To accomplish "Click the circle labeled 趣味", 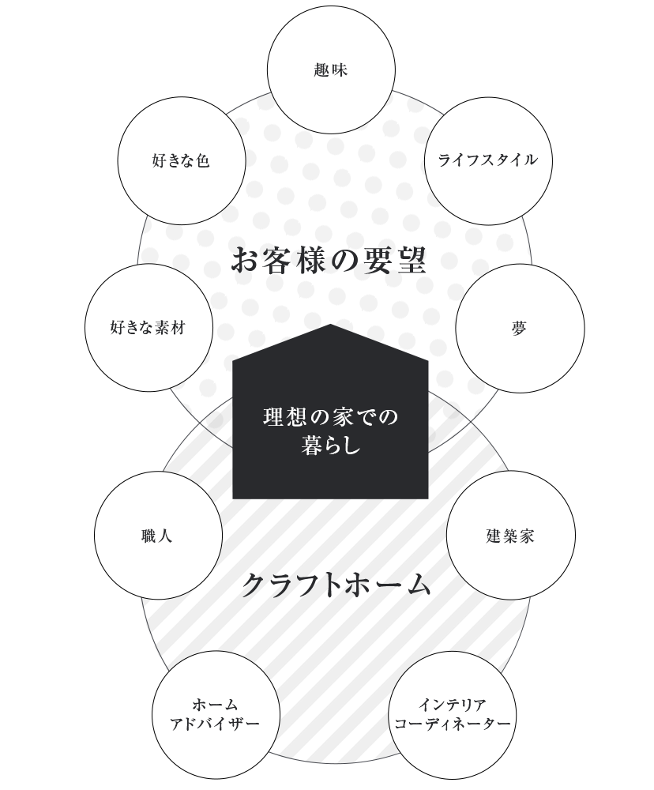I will coord(331,71).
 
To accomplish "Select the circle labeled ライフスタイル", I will coord(488,161).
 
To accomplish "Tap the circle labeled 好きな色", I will coord(182,161).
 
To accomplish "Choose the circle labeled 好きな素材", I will coord(148,328).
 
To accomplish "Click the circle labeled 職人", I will coord(158,536).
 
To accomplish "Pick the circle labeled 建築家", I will coord(510,536).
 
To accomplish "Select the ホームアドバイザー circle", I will coord(215,714).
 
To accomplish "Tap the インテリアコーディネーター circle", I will coord(453,713).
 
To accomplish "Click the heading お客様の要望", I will coord(329,261).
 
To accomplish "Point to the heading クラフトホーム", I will coord(336,585).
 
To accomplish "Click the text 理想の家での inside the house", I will coord(331,416).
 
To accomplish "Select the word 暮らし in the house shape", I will coord(331,445).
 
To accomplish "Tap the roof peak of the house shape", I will coord(330,326).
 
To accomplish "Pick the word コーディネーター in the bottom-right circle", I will coord(453,724).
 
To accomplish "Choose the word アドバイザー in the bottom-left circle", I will coord(215,724).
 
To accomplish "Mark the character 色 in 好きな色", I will coord(203,161).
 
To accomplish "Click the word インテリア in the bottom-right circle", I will coord(453,704).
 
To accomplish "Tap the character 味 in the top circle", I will coord(340,70).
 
